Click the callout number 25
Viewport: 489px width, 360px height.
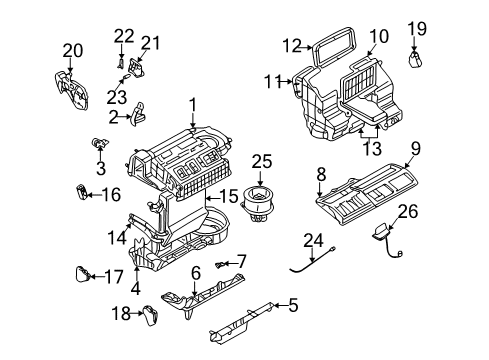(262, 160)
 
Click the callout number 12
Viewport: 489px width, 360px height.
(291, 45)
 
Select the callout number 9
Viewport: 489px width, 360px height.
(415, 148)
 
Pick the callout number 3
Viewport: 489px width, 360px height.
(101, 169)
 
